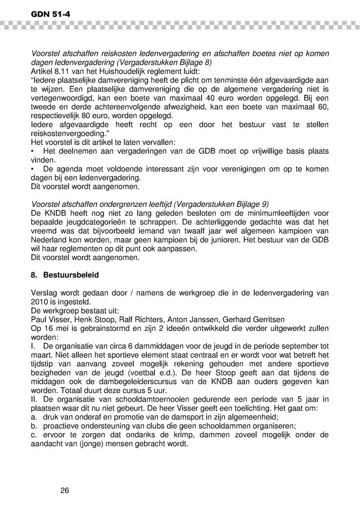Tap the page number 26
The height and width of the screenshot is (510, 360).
[x=64, y=490]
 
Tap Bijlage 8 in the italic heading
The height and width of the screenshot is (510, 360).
[x=194, y=62]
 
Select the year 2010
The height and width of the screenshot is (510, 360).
[x=40, y=302]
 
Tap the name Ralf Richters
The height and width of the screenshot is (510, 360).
[x=135, y=319]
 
